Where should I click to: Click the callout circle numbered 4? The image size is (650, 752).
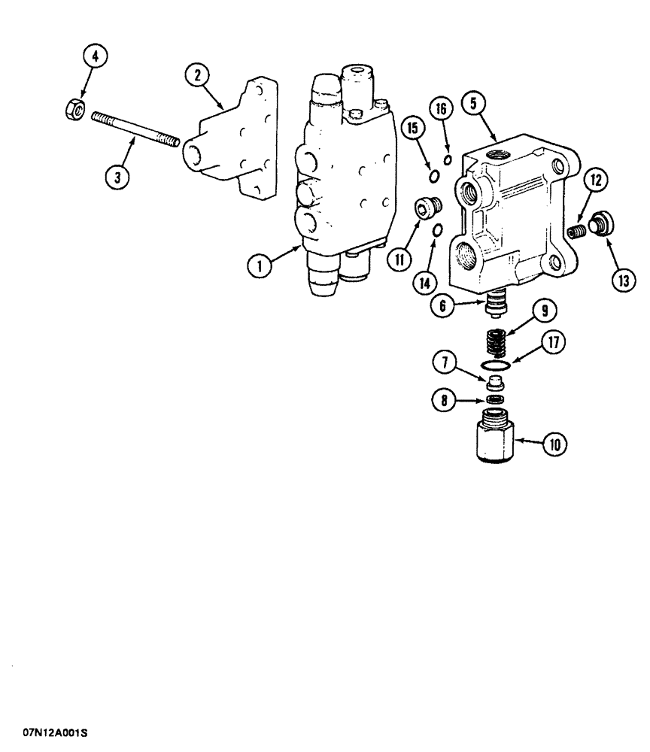coord(95,58)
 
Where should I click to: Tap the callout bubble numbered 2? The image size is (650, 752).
coord(198,74)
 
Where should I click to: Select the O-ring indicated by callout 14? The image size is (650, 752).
coord(437,229)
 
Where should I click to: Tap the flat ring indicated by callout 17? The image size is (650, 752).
coord(494,367)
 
